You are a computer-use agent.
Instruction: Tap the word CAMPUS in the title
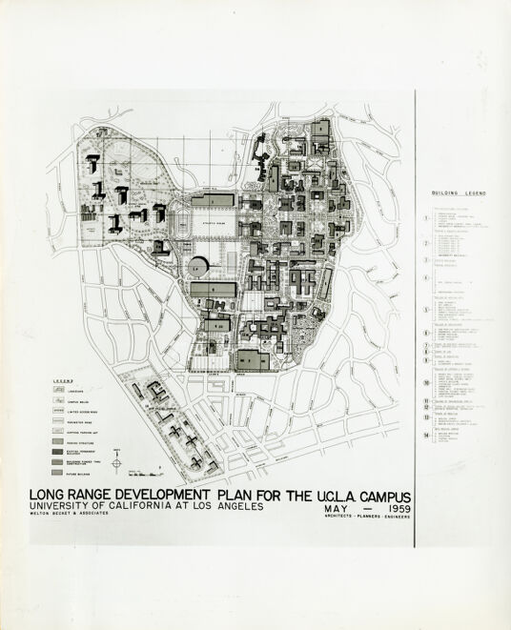tap(375, 496)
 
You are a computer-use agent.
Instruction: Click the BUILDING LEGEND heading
tap(459, 193)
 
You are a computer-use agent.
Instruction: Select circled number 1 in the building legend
tap(426, 217)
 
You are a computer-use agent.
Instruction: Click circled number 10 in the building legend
tap(426, 382)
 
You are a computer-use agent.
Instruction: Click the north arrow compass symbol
tap(116, 464)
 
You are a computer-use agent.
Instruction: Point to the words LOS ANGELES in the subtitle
tap(226, 507)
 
